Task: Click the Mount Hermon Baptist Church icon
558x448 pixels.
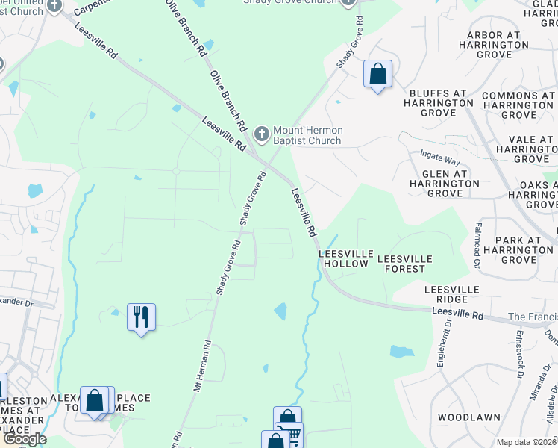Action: click(261, 134)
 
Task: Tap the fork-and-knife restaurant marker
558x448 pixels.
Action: click(141, 317)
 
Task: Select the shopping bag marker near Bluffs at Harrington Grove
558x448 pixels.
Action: click(378, 75)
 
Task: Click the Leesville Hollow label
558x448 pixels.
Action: click(344, 258)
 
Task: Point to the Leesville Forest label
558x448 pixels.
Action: click(405, 263)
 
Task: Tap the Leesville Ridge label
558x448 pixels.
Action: click(451, 294)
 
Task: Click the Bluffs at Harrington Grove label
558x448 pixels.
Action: click(438, 103)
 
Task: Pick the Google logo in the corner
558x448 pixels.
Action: click(24, 439)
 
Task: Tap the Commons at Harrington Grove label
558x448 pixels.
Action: click(519, 105)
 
